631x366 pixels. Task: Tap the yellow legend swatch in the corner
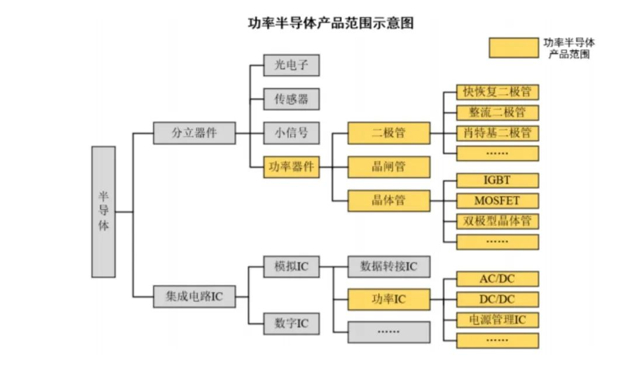coord(514,48)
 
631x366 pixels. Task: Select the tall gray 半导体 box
coord(103,211)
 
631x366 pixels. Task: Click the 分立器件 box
coord(194,133)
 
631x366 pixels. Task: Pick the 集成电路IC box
coord(194,297)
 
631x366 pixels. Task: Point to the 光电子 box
coord(291,65)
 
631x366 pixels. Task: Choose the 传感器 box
coord(291,99)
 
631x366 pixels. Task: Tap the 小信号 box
coord(291,133)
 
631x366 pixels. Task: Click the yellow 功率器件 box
coord(291,167)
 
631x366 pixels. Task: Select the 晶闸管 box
coord(389,167)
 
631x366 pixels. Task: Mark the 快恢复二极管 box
coord(497,92)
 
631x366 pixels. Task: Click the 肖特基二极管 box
coord(497,133)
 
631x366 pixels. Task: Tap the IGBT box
coord(497,180)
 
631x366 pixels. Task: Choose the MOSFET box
coord(497,201)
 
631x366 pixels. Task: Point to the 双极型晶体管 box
coord(497,221)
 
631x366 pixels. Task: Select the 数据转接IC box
coord(389,267)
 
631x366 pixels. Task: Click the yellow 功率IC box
coord(389,299)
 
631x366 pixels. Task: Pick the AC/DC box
coord(497,279)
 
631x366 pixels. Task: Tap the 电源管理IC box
coord(497,320)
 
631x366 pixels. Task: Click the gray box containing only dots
coord(389,332)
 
